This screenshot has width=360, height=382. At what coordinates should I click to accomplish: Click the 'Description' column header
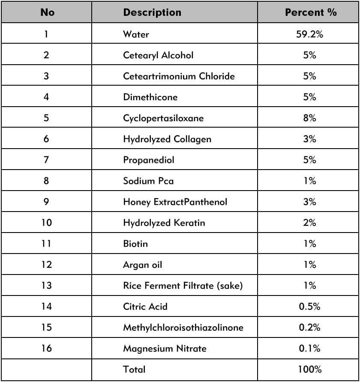point(152,12)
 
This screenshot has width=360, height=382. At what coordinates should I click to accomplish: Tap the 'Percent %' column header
point(311,12)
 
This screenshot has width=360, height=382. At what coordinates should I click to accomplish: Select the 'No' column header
point(47,12)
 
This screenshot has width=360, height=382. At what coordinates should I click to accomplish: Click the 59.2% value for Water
point(309,34)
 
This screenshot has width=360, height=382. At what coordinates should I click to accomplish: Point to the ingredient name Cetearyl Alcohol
point(158,55)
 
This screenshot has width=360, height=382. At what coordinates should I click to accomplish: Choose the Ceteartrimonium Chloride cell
point(179,76)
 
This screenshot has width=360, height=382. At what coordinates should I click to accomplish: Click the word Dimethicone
point(150,97)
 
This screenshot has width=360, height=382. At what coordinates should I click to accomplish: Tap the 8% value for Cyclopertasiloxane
point(309,118)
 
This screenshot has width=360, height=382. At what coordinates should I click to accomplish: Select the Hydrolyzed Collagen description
point(167,139)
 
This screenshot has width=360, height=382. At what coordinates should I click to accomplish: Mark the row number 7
point(46,160)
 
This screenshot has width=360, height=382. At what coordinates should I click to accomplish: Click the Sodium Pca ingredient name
point(148,181)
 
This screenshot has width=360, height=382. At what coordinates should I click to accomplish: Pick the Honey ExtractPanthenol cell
point(175,202)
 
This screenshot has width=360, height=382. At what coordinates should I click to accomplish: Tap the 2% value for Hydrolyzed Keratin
point(309,223)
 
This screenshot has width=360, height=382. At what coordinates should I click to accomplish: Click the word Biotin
point(135,244)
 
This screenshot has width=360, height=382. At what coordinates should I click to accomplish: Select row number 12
point(46,265)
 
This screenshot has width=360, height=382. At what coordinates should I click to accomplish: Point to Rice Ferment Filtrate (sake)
point(183,286)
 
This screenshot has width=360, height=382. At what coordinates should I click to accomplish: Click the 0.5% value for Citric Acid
point(309,307)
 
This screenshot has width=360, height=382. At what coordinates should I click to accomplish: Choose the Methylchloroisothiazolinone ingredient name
point(183,328)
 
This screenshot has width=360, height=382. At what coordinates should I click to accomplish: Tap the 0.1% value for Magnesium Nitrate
point(309,349)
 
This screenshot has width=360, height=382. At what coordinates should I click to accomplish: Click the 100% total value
point(309,370)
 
